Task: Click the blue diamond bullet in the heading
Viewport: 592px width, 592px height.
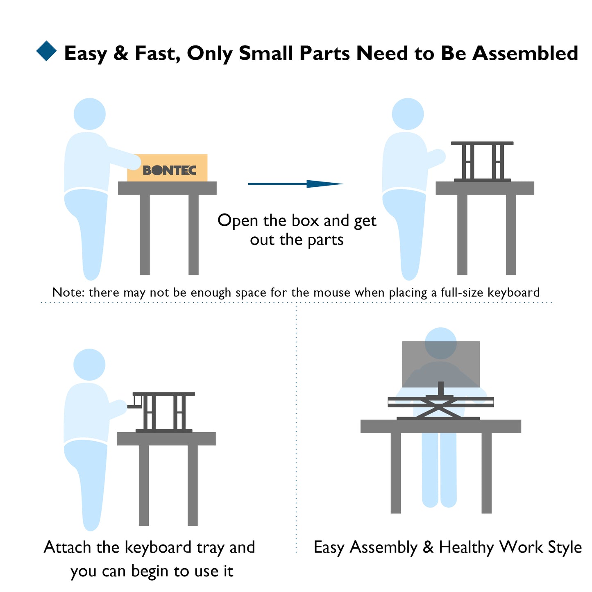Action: (x=46, y=51)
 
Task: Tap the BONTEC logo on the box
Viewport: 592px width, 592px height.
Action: (x=169, y=170)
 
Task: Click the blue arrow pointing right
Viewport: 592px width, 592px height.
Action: (x=295, y=184)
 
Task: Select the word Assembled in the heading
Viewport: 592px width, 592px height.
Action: (x=525, y=53)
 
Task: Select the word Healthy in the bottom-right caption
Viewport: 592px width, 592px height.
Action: (x=466, y=548)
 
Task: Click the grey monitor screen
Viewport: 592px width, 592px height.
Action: (x=441, y=364)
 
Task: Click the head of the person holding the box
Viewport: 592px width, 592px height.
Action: (x=90, y=114)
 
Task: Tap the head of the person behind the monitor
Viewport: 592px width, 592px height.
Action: (x=440, y=343)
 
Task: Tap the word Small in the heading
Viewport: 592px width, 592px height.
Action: (x=266, y=53)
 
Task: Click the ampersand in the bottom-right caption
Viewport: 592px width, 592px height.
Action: (x=428, y=547)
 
